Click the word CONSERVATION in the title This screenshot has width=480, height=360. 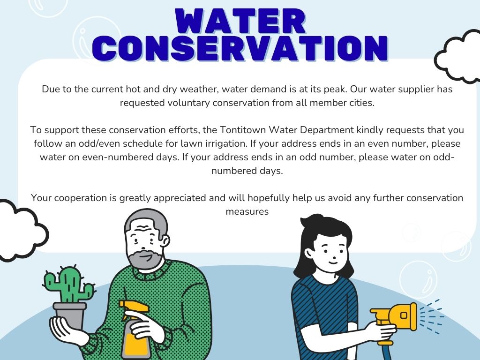240,48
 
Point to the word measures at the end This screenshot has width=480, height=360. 247,211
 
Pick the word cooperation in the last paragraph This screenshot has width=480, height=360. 81,198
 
